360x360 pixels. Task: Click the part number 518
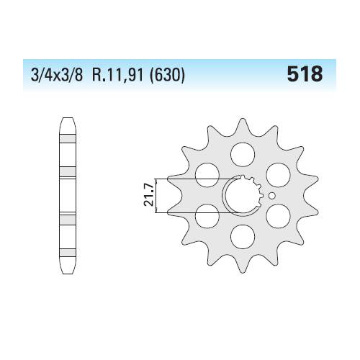pos(305,74)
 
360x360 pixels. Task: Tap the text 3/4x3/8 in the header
pos(57,75)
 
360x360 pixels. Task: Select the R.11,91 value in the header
pos(117,75)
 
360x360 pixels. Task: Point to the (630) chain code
pos(167,75)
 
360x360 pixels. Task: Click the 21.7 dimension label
pos(148,194)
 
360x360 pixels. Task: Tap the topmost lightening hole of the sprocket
pos(243,155)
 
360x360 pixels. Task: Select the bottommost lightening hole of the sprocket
pos(243,237)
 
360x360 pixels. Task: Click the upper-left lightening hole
pos(207,175)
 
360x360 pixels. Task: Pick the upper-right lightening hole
pos(279,175)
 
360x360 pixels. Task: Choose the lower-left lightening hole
pos(207,216)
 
